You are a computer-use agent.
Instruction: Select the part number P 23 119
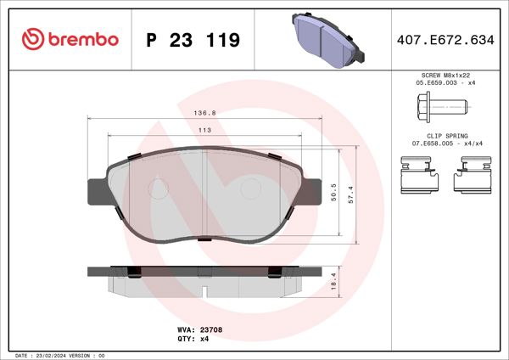pos(193,40)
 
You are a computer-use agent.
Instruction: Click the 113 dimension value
pos(204,130)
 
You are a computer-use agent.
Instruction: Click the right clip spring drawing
pos(472,177)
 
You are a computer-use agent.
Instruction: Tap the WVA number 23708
pos(210,329)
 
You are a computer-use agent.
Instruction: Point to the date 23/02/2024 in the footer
pos(55,354)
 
